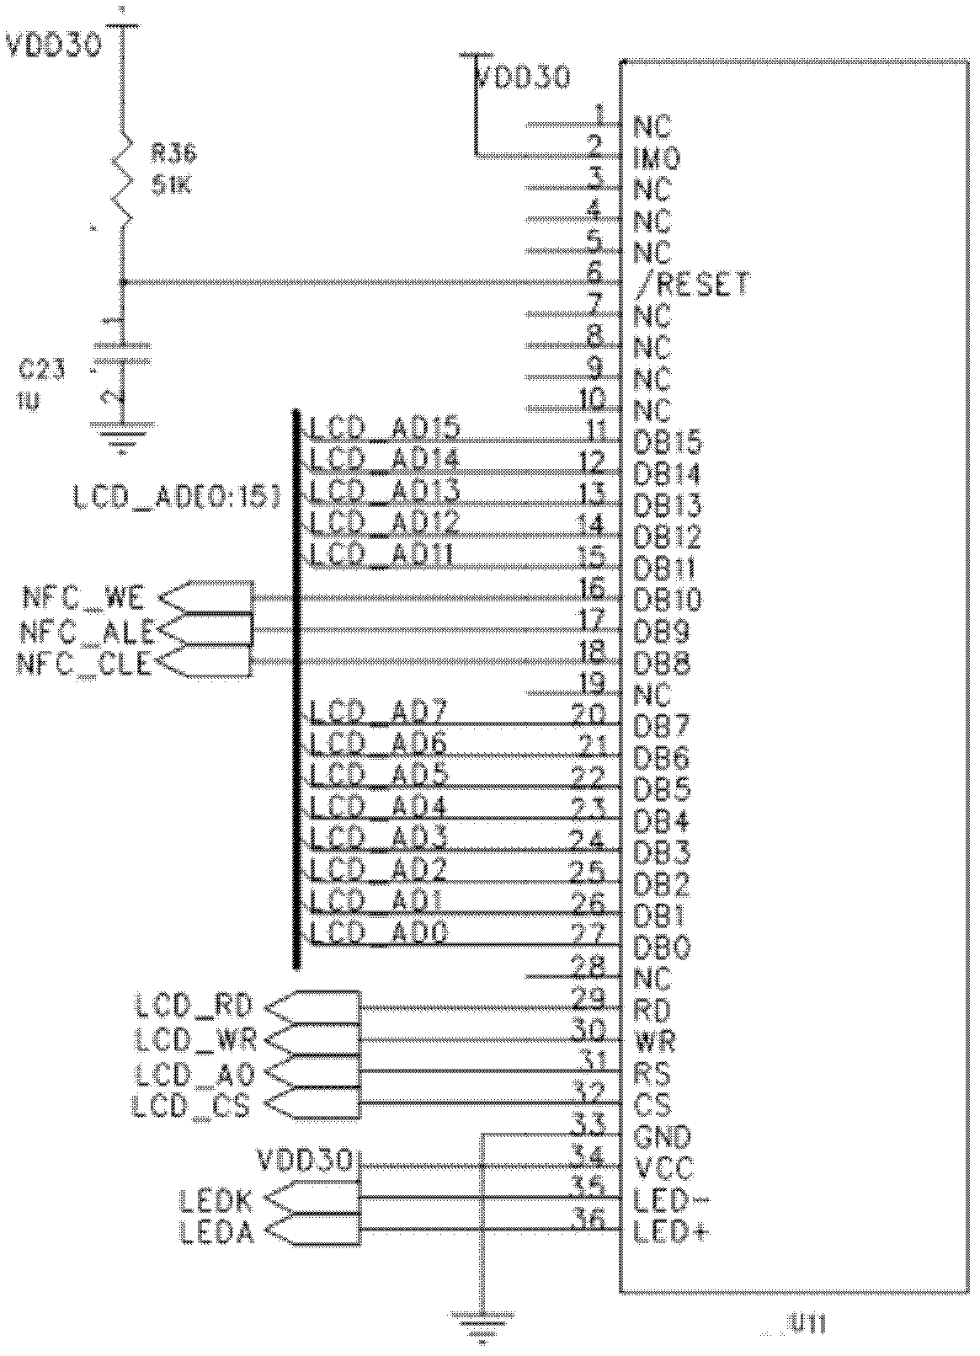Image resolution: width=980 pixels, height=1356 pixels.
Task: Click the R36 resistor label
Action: point(173,153)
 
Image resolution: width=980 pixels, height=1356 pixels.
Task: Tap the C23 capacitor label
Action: point(40,368)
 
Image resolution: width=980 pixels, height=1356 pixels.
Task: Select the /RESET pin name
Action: point(691,285)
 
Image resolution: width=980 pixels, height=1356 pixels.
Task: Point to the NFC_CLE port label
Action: point(84,665)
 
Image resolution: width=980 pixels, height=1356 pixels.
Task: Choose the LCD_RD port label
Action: point(194,1006)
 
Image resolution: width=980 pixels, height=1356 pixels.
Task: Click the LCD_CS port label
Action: point(191,1104)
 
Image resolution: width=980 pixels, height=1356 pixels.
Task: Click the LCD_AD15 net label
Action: point(386,429)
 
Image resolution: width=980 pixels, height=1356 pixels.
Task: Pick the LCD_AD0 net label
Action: point(380,932)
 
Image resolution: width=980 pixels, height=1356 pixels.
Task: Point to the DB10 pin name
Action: point(667,600)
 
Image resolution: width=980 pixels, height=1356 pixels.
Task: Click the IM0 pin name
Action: point(656,157)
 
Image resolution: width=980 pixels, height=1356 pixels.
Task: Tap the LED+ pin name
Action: point(670,1233)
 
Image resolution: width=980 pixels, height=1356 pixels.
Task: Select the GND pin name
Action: point(662,1137)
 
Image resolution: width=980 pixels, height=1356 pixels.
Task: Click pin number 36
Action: point(589,1218)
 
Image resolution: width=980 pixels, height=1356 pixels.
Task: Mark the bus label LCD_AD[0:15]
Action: point(176,499)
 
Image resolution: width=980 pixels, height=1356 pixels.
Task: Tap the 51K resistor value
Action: point(171,185)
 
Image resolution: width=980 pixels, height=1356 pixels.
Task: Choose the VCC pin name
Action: point(663,1168)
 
